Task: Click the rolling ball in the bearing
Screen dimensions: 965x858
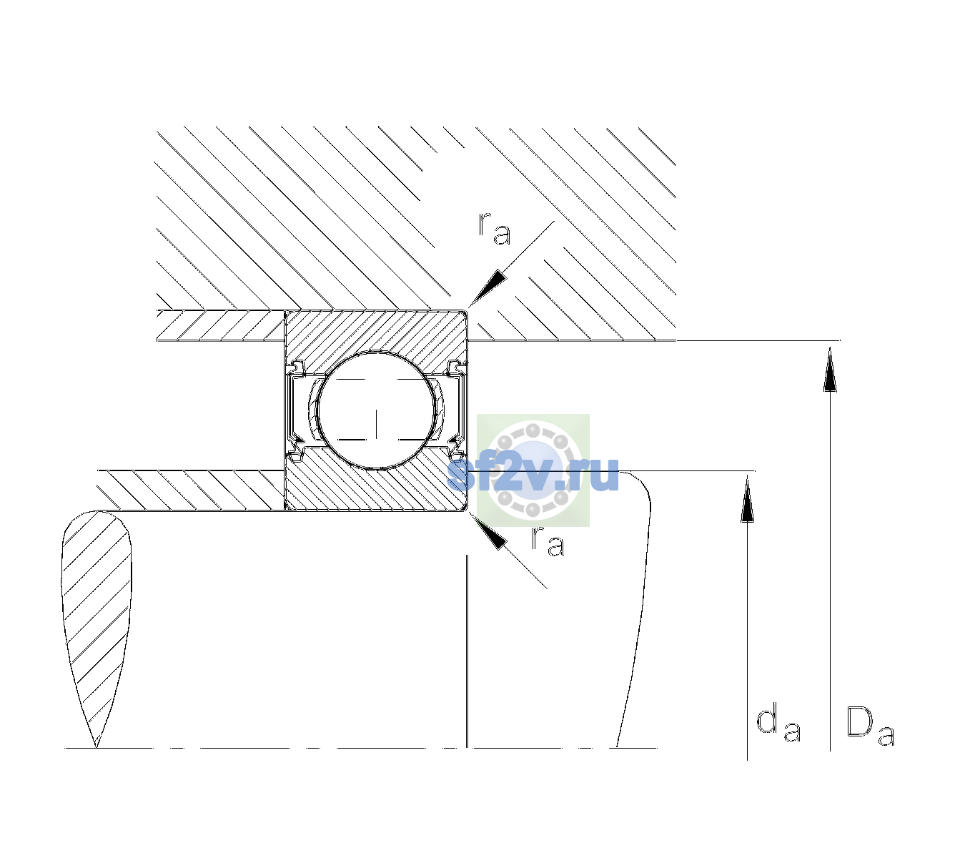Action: [376, 410]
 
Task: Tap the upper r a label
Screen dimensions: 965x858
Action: [495, 229]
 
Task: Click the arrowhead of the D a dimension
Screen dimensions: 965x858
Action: [830, 369]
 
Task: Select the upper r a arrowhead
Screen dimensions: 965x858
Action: [487, 288]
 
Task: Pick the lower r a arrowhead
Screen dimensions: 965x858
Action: [488, 531]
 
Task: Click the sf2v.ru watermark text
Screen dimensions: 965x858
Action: [533, 474]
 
